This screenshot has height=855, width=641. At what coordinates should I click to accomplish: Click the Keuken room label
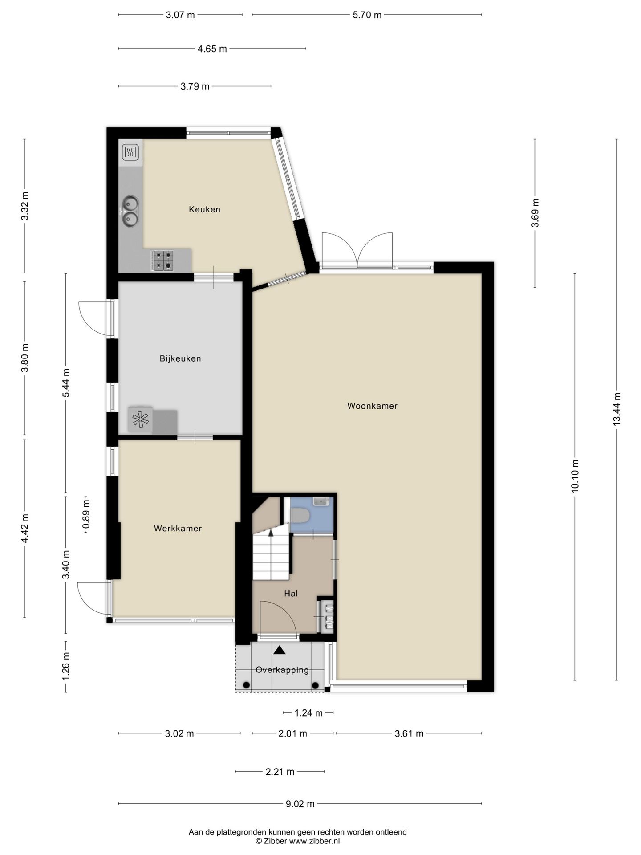(x=204, y=209)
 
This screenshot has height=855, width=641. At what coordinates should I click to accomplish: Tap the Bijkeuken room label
(x=180, y=358)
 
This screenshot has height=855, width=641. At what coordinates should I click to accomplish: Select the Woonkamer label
(x=372, y=406)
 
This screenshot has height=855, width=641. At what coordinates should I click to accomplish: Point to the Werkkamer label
(x=178, y=529)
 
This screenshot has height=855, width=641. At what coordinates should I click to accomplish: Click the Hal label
(x=291, y=594)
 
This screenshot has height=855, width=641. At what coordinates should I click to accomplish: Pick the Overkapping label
(x=282, y=670)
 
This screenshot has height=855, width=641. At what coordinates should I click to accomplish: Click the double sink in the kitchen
(x=130, y=211)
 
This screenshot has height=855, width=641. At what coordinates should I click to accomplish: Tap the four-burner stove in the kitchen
(x=162, y=261)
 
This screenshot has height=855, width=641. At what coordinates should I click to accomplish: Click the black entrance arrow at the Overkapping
(x=279, y=650)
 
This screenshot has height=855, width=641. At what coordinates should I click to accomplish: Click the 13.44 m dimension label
(x=617, y=409)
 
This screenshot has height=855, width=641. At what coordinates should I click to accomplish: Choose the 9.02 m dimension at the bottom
(x=300, y=804)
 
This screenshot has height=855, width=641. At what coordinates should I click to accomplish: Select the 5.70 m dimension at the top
(x=367, y=15)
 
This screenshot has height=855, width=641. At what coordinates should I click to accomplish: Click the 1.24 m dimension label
(x=308, y=713)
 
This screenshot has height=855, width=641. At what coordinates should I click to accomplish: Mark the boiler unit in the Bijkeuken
(x=140, y=420)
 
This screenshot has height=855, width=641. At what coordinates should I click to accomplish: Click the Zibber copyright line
(x=297, y=841)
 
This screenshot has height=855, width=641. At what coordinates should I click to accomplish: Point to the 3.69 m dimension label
(x=535, y=213)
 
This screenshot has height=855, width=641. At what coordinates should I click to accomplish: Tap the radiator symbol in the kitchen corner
(x=130, y=153)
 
